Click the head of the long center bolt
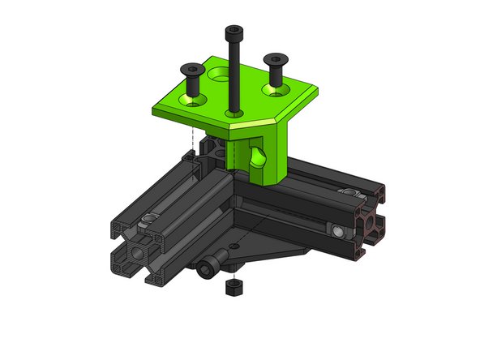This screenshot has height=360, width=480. [x=233, y=32]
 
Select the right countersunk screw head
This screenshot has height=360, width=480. [x=276, y=58]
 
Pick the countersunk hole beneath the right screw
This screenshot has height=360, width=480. [x=276, y=88]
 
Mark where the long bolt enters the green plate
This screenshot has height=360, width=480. [x=234, y=113]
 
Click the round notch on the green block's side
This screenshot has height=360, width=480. [x=259, y=154]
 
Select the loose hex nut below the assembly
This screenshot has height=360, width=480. [x=230, y=288]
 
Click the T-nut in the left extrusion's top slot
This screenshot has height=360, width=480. [x=149, y=221]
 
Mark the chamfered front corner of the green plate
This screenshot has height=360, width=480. [x=235, y=126]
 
